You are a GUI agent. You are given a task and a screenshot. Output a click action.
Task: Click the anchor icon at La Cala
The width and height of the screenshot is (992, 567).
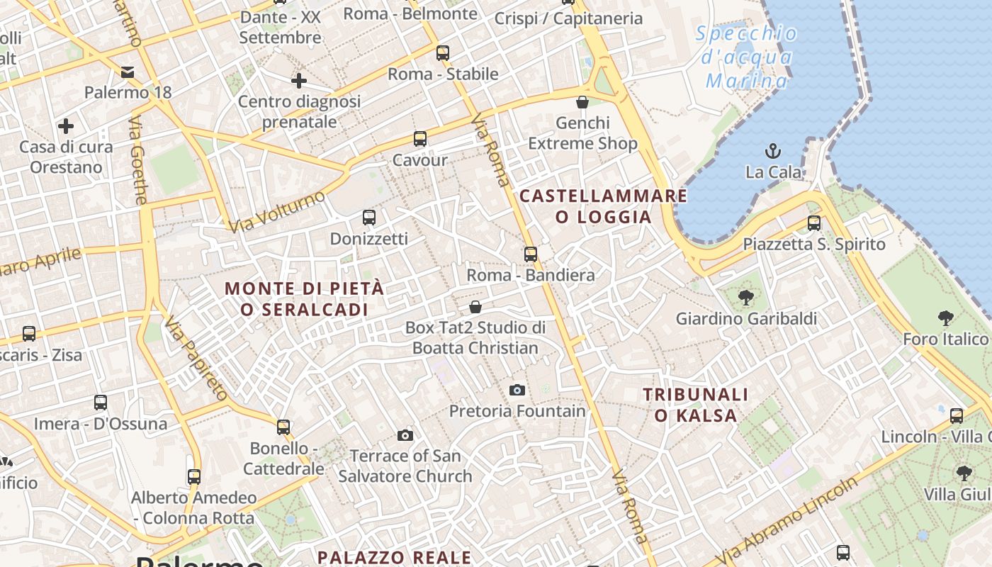tap(773, 150)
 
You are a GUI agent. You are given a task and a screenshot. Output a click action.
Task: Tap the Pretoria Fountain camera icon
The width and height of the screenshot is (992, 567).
tap(517, 390)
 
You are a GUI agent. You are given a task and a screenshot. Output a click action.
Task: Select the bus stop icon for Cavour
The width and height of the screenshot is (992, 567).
tap(420, 138)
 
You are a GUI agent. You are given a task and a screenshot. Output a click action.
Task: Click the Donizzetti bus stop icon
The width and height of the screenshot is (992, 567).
tap(368, 217)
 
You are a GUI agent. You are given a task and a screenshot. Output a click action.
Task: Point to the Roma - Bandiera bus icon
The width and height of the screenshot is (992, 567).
tap(531, 254)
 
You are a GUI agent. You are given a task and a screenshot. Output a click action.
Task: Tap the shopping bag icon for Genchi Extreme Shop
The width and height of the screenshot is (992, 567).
tap(582, 102)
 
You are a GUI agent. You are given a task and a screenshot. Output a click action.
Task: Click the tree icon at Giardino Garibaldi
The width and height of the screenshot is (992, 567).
tap(745, 297)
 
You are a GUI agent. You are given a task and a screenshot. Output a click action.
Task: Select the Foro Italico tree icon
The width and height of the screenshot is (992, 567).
tap(945, 318)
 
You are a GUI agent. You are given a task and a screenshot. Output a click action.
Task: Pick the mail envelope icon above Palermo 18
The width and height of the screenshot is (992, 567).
tap(128, 72)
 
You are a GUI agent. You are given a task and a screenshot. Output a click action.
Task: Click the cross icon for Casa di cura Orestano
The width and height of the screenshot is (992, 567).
tap(66, 126)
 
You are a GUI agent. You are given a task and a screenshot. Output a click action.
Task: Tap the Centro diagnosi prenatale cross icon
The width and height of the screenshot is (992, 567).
tap(299, 81)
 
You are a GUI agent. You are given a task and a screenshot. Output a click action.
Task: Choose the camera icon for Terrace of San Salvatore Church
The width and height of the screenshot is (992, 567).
tap(405, 434)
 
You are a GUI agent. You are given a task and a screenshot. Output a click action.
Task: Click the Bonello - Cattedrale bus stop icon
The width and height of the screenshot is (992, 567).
tap(283, 427)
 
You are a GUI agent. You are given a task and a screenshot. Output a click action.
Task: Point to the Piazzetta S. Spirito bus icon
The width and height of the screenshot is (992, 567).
tap(814, 223)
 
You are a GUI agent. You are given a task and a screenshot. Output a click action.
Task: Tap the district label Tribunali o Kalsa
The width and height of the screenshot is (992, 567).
tap(695, 405)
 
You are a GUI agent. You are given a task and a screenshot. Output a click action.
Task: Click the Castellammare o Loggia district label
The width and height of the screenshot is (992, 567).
tap(604, 206)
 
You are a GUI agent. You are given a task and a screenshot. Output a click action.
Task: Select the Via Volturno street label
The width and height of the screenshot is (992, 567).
tap(277, 210)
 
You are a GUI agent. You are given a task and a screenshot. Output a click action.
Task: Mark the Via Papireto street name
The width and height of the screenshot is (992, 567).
tap(196, 359)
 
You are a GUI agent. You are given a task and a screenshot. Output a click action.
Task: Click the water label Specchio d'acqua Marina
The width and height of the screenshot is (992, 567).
tap(747, 57)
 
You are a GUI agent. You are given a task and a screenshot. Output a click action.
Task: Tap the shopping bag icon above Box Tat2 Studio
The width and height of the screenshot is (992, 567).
tap(475, 307)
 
